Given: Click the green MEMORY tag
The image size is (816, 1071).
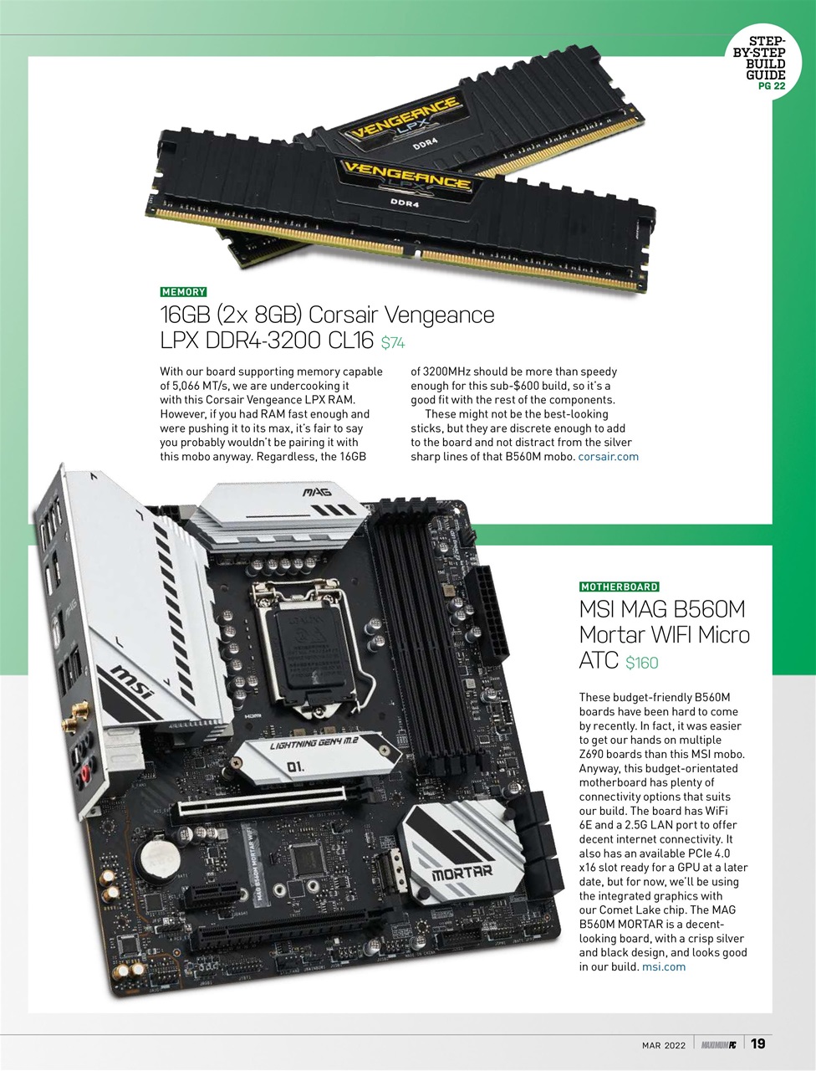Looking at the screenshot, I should pyautogui.click(x=183, y=292).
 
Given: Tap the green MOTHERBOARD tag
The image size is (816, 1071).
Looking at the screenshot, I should pyautogui.click(x=620, y=587).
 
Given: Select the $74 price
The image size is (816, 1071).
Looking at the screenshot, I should pyautogui.click(x=393, y=343).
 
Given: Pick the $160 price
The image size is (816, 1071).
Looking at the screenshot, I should pyautogui.click(x=642, y=664).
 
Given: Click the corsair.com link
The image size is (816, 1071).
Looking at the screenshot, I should pyautogui.click(x=608, y=457).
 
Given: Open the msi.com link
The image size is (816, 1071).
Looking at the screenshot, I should pyautogui.click(x=664, y=967).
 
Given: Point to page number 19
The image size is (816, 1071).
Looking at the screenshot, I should pyautogui.click(x=757, y=1043).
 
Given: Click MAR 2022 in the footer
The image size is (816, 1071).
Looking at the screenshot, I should pyautogui.click(x=664, y=1045).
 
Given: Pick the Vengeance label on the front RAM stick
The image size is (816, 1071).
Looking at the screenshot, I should pyautogui.click(x=407, y=180).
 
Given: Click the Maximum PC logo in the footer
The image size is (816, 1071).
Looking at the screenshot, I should pyautogui.click(x=718, y=1045).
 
